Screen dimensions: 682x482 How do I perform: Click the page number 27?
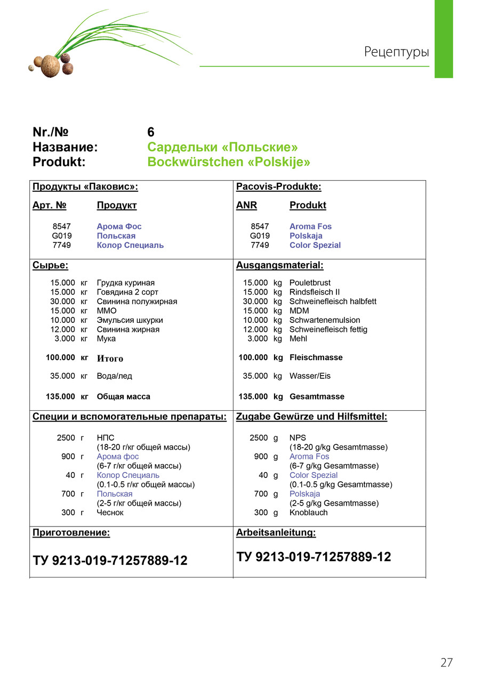[x=446, y=662]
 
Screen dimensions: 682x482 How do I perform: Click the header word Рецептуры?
[x=396, y=52]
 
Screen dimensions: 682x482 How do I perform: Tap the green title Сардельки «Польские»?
[x=222, y=147]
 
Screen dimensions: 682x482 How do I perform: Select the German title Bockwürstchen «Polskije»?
[x=228, y=162]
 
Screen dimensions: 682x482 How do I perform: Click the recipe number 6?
[x=151, y=132]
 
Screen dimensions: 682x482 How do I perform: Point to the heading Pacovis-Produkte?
[x=278, y=187]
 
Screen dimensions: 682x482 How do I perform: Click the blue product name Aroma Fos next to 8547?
[x=310, y=226]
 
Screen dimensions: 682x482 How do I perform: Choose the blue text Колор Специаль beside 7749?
[x=130, y=245]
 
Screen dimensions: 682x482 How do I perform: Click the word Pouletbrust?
[x=310, y=283]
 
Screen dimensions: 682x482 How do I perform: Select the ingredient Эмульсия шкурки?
[x=130, y=320]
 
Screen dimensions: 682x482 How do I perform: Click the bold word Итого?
[x=110, y=359]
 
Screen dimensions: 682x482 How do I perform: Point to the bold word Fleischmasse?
[x=316, y=358]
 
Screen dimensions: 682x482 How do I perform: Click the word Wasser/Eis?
[x=310, y=376]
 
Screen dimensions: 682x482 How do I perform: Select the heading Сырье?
[x=50, y=265]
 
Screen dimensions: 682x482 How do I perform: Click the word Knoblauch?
[x=308, y=513]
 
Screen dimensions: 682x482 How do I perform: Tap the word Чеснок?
[x=110, y=513]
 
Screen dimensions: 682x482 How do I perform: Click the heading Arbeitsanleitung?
[x=276, y=533]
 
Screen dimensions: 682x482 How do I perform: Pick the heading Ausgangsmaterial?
[x=279, y=265]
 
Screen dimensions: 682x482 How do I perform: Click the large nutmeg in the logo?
[x=50, y=66]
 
